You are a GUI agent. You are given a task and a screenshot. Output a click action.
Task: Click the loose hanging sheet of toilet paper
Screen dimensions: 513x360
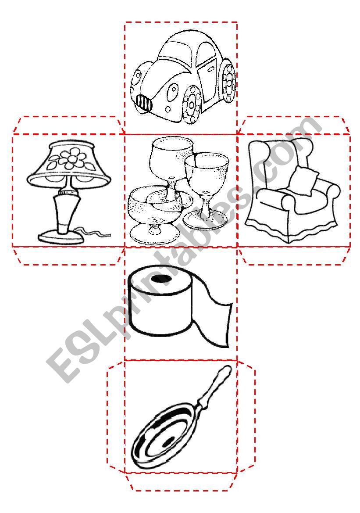click(x=215, y=318)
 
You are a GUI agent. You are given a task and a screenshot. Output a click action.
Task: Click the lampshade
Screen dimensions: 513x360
click(x=69, y=162)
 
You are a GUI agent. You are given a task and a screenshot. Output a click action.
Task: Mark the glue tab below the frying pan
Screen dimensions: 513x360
click(x=181, y=482)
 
